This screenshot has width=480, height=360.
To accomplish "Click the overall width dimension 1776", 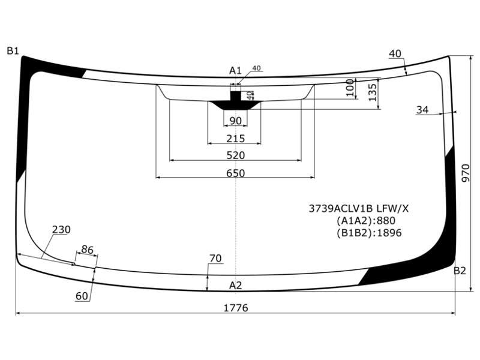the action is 235,308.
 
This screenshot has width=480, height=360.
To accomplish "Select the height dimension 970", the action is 466,173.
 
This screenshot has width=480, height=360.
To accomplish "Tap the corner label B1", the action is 13,51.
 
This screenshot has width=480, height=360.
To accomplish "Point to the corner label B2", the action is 460,271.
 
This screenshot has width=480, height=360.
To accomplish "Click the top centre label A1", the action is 235,71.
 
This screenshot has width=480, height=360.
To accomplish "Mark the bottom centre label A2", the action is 235,286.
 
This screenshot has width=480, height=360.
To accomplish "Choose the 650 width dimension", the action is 235,173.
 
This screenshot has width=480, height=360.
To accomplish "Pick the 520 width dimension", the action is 235,155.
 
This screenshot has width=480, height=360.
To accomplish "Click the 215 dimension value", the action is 235,139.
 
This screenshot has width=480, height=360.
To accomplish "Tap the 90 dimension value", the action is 235,121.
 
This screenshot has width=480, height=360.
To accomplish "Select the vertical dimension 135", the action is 372,92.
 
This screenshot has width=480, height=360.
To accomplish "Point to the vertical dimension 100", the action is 350,88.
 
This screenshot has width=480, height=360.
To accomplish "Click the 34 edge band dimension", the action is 422,110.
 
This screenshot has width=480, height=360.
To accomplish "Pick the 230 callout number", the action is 61,229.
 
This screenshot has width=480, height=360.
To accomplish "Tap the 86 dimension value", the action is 87,250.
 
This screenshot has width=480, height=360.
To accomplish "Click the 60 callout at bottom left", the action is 82,296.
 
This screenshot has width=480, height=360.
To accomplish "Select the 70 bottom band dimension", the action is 215,259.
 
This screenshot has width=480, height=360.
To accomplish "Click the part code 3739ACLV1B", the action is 341,209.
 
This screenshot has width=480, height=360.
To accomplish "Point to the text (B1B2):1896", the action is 369,233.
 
